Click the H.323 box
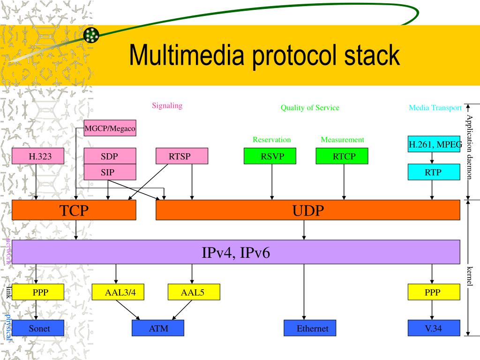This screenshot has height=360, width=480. click(38, 156)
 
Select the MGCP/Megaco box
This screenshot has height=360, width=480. click(110, 128)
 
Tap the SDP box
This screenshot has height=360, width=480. click(110, 156)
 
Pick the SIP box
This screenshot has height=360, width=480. click(110, 172)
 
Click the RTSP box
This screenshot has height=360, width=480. click(182, 156)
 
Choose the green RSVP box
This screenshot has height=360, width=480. click(270, 156)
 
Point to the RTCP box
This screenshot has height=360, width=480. click(342, 156)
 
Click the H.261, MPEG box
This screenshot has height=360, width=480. click(434, 144)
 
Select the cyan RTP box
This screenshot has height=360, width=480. click(434, 172)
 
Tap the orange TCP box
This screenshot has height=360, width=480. click(74, 210)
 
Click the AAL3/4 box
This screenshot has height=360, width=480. click(118, 292)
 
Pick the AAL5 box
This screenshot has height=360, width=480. click(194, 292)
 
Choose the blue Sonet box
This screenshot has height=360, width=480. click(38, 328)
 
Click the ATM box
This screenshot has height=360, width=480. click(158, 328)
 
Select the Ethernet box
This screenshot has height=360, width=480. click(310, 328)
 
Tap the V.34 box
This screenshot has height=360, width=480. click(434, 328)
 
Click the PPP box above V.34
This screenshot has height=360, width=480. click(434, 292)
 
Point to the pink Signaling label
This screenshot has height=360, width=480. click(167, 106)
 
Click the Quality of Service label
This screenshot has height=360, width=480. click(310, 108)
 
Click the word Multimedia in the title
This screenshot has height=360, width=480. click(187, 55)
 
